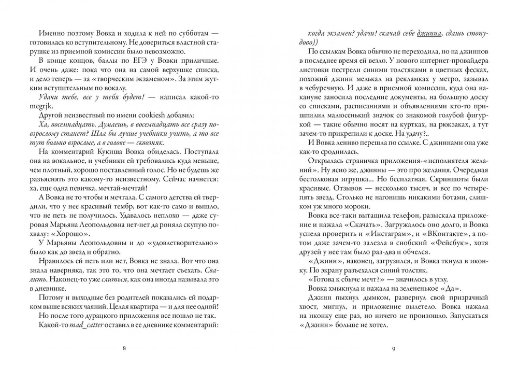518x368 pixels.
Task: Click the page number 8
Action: coord(124,347)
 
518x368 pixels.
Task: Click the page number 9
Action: coord(394,347)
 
